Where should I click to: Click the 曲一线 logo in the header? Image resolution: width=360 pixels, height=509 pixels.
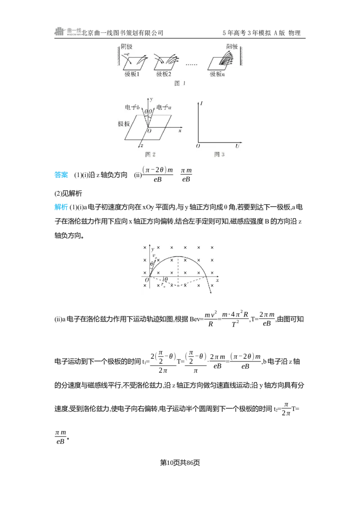click(x=67, y=31)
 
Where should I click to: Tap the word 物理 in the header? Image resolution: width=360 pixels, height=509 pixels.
click(x=294, y=33)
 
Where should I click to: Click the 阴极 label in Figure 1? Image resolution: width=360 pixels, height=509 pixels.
click(x=126, y=47)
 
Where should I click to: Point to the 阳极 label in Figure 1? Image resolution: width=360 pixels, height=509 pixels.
click(x=232, y=46)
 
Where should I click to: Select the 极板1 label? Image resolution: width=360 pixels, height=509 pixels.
click(x=132, y=74)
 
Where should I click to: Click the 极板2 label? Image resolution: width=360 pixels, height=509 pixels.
click(x=164, y=74)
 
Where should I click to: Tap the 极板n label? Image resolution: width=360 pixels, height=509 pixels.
click(x=217, y=74)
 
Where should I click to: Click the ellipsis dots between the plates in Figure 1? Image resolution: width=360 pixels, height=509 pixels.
click(x=191, y=65)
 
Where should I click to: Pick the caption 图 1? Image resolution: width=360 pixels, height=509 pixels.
click(x=180, y=83)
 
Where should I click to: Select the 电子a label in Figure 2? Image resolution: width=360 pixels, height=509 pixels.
click(x=164, y=107)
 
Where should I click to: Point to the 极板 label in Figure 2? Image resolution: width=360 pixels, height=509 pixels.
click(x=124, y=124)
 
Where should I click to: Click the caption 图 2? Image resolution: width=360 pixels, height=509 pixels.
click(x=150, y=154)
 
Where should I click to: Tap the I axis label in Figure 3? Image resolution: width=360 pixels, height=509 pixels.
click(x=202, y=103)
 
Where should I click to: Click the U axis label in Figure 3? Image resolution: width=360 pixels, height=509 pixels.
click(x=237, y=146)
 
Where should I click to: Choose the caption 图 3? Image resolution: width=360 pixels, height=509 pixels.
click(x=219, y=154)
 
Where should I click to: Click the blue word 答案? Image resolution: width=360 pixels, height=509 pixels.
click(x=61, y=174)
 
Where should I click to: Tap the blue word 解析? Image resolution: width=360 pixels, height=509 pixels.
click(x=61, y=207)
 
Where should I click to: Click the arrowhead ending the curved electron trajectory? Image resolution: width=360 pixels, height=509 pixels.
click(x=211, y=292)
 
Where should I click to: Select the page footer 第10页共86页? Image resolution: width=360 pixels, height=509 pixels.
click(x=180, y=463)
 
